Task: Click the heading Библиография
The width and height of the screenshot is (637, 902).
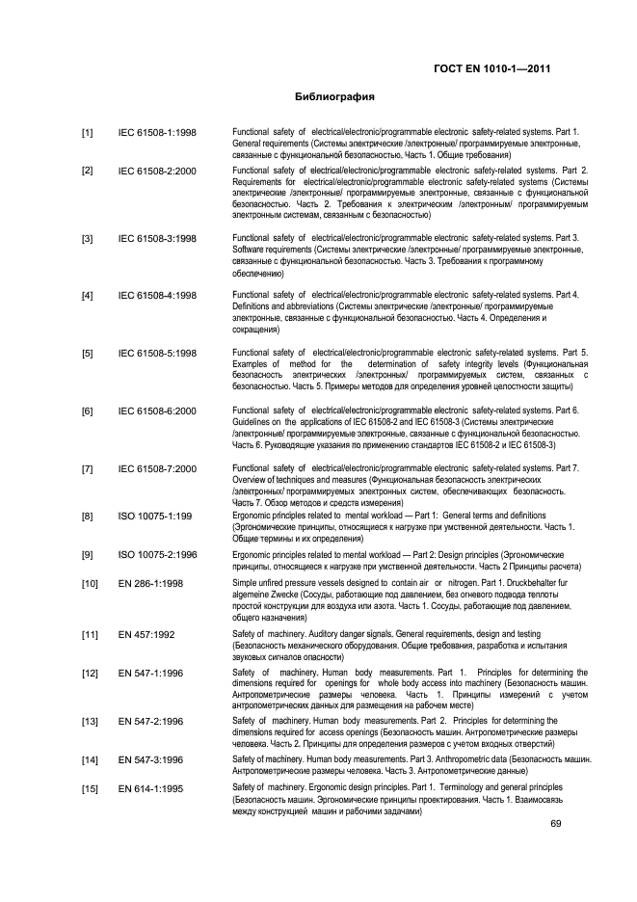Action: pos(334,97)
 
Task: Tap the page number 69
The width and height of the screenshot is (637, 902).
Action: pos(556,823)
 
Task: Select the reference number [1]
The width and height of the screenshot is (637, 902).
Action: pos(88,132)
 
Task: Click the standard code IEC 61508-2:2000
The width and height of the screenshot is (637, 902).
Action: pos(157,172)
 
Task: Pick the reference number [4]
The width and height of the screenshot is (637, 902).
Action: pos(88,295)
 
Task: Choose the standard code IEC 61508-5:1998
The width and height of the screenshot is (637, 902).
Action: pos(157,353)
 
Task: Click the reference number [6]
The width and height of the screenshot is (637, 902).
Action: pos(88,411)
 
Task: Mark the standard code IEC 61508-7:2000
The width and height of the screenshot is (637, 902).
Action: pos(157,469)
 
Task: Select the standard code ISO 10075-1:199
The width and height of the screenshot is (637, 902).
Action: pos(154,517)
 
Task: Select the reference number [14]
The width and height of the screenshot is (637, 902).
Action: pos(90,760)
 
